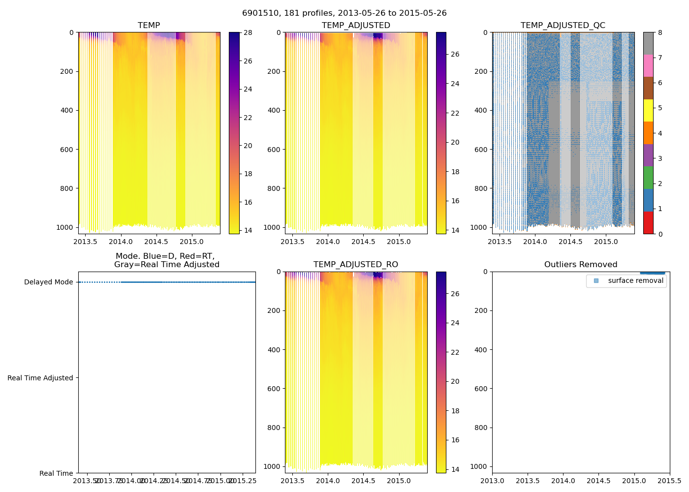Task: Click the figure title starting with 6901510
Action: [344, 13]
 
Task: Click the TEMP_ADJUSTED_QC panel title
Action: [563, 26]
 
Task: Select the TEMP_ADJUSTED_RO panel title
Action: [356, 265]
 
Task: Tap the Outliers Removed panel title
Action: [581, 265]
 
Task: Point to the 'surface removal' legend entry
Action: [635, 281]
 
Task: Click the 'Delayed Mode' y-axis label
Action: [48, 282]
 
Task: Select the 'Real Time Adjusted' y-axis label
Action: [40, 378]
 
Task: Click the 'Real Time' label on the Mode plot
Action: [56, 473]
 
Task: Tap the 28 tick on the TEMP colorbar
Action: [248, 33]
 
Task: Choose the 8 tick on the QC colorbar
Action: [660, 33]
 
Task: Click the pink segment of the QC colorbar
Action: [648, 66]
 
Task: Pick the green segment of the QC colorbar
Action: [648, 178]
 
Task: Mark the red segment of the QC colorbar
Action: [648, 223]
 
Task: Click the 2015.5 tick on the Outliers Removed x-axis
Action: [669, 481]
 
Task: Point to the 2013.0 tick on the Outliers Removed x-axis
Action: [492, 481]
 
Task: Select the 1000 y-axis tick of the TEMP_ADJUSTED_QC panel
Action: [479, 227]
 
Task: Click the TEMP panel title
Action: [149, 26]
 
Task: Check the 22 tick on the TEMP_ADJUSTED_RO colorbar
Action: [455, 352]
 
